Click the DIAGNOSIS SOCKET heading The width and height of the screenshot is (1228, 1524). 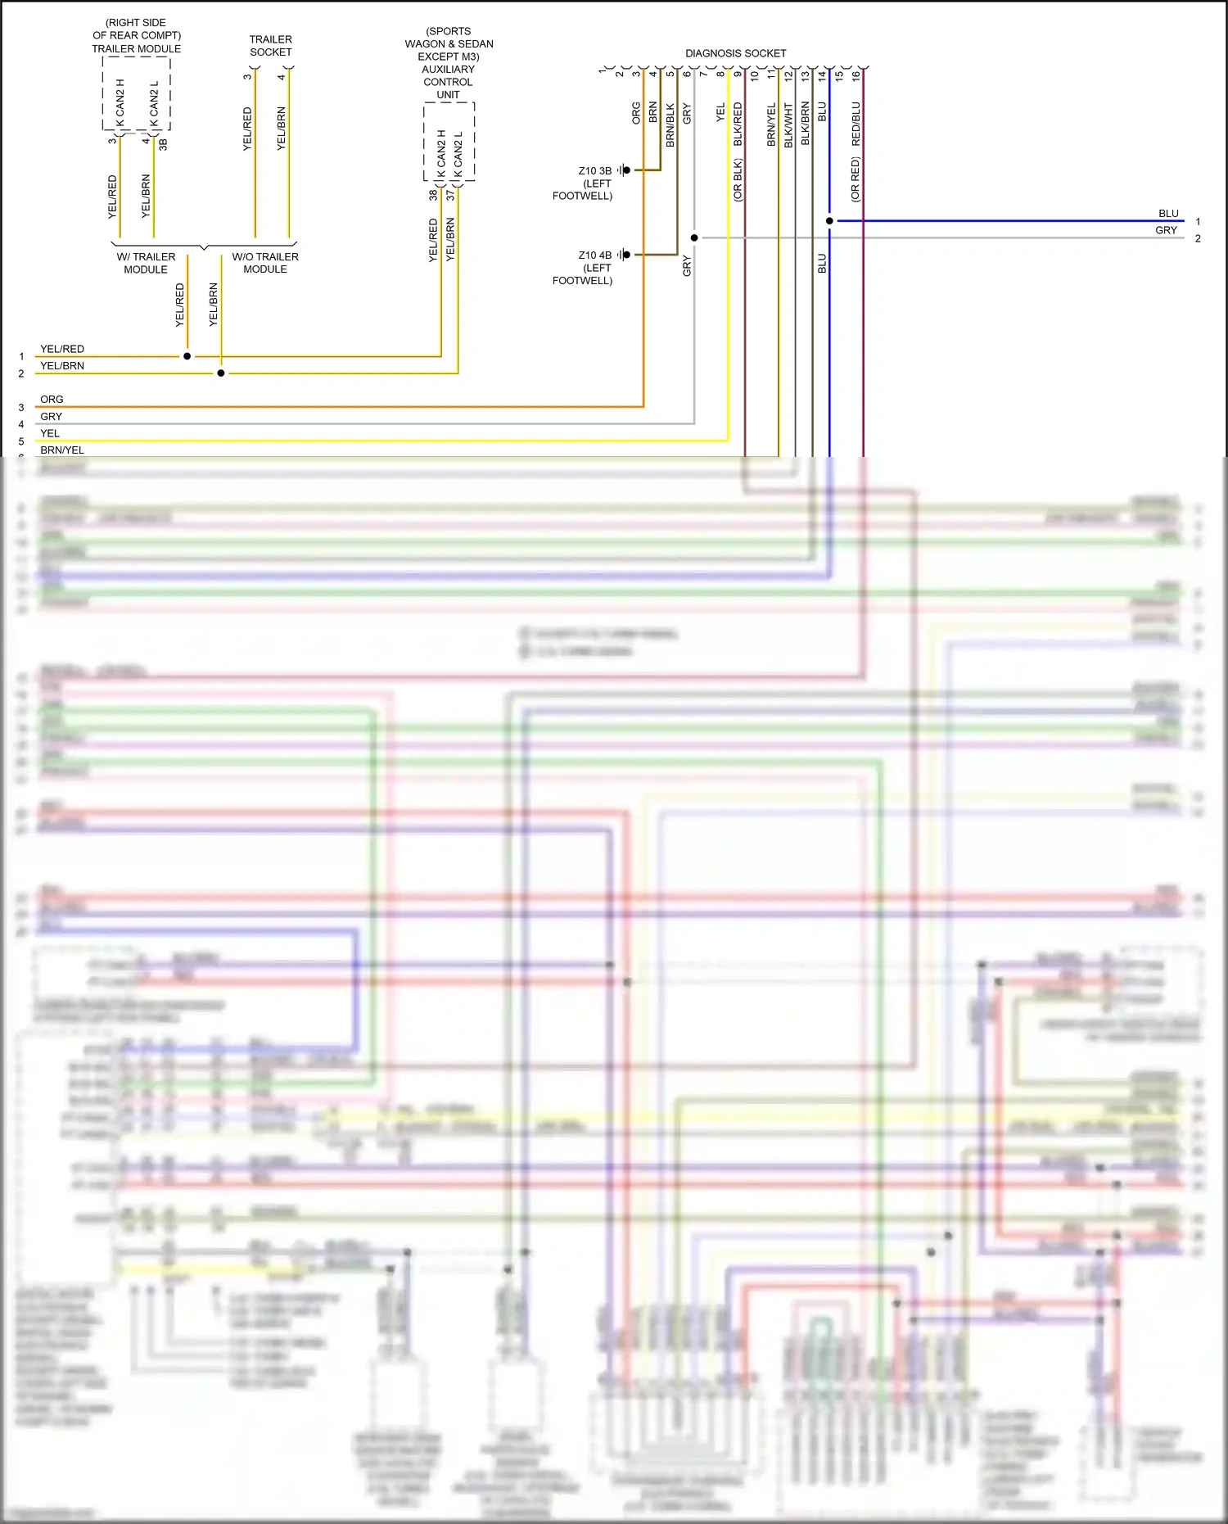pyautogui.click(x=735, y=53)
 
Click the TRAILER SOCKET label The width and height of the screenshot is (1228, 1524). pyautogui.click(x=270, y=46)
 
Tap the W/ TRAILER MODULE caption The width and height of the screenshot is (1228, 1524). pyautogui.click(x=146, y=263)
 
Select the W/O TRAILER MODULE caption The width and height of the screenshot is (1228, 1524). pyautogui.click(x=265, y=263)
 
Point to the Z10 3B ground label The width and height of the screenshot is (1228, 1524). pyautogui.click(x=594, y=171)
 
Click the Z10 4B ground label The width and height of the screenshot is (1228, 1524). pyautogui.click(x=594, y=256)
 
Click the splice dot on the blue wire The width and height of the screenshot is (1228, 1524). pyautogui.click(x=829, y=221)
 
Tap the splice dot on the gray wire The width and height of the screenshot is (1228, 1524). pyautogui.click(x=694, y=238)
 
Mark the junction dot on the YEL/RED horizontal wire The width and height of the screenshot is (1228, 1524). pyautogui.click(x=187, y=356)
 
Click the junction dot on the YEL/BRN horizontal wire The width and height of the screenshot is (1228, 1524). pyautogui.click(x=221, y=373)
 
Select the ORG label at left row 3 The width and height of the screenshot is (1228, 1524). pyautogui.click(x=52, y=400)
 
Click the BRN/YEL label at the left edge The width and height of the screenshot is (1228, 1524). pyautogui.click(x=62, y=450)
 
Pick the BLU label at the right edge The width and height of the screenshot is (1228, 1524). pyautogui.click(x=1168, y=214)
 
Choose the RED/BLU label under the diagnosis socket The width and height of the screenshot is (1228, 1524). pyautogui.click(x=856, y=124)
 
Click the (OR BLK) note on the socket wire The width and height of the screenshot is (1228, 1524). pyautogui.click(x=738, y=180)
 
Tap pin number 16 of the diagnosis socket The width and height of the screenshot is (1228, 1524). pyautogui.click(x=856, y=75)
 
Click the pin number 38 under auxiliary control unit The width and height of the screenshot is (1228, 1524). pyautogui.click(x=433, y=195)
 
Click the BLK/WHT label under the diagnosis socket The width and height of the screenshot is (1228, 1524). pyautogui.click(x=788, y=124)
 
